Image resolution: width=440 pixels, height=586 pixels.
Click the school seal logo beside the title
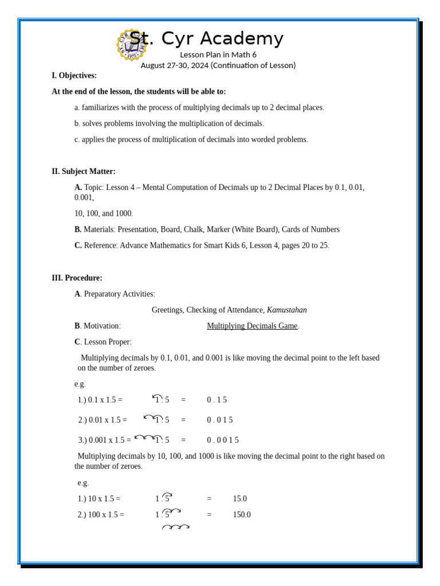(x=131, y=45)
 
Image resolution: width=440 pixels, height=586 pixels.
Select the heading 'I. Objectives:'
(x=74, y=76)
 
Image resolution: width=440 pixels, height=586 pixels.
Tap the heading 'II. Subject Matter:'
(x=84, y=171)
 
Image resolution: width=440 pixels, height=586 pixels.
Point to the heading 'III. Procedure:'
(x=77, y=278)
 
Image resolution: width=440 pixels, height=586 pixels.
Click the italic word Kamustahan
(x=286, y=310)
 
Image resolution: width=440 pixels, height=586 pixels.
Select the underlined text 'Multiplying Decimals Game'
(x=252, y=326)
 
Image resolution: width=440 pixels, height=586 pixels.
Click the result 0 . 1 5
(x=217, y=400)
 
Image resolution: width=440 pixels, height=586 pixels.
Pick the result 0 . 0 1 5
(x=219, y=420)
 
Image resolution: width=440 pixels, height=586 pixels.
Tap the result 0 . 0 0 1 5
(x=222, y=440)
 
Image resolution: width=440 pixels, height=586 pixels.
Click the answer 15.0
(x=239, y=499)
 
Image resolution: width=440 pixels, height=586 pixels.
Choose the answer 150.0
(x=241, y=515)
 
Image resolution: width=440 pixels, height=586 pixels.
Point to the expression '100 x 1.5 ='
(x=101, y=515)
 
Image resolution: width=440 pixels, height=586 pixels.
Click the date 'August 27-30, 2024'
(x=174, y=65)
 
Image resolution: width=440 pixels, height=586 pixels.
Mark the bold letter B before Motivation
(x=77, y=326)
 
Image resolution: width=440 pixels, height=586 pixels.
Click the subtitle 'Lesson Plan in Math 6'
(x=218, y=55)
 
